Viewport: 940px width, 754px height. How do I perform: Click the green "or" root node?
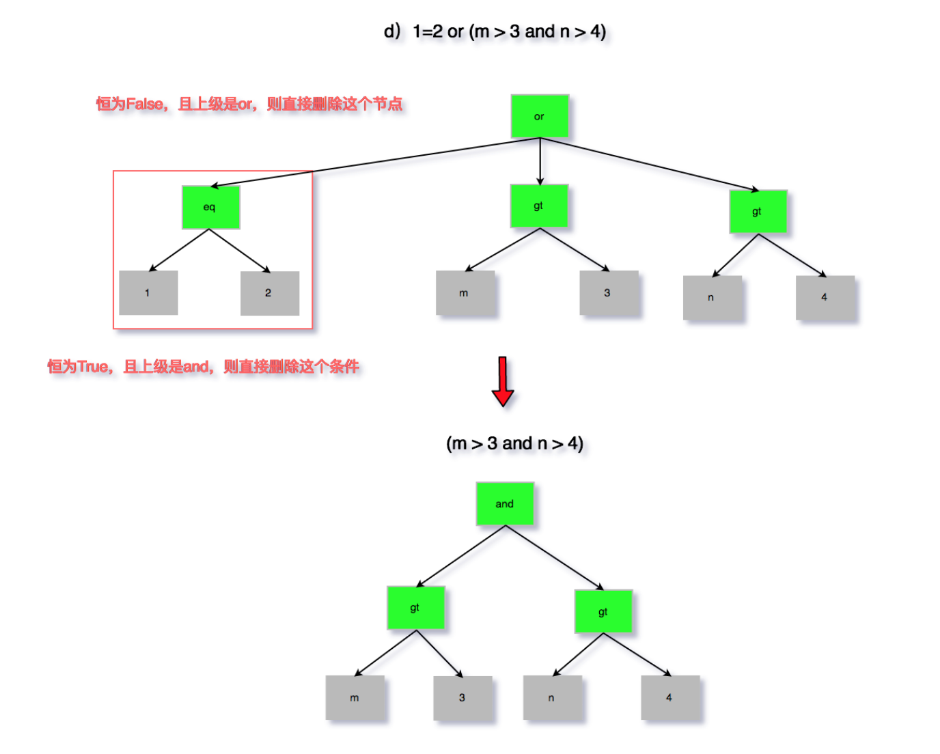point(539,116)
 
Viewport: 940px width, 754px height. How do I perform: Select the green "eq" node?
point(210,207)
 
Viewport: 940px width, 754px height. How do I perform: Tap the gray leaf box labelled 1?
point(148,292)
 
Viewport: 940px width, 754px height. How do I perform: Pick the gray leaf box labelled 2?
point(269,293)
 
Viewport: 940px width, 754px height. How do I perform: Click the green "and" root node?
point(504,503)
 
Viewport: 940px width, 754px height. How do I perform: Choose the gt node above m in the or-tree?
point(538,206)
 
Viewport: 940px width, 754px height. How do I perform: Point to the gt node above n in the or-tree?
point(758,212)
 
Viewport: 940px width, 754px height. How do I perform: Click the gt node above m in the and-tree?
point(415,607)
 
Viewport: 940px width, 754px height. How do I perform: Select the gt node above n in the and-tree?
point(603,611)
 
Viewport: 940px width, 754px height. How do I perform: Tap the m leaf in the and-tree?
point(355,697)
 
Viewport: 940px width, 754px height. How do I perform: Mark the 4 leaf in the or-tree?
point(825,297)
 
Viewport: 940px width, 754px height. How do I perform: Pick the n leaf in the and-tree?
point(552,697)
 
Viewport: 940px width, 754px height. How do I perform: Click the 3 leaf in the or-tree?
point(608,292)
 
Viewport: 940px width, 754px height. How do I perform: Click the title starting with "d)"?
point(495,31)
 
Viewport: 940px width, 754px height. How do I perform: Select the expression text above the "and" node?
point(514,443)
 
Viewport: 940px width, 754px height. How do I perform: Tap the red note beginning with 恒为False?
point(249,104)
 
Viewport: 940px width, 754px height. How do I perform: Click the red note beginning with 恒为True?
point(203,367)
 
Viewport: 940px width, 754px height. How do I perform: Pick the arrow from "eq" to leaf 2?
point(239,250)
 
